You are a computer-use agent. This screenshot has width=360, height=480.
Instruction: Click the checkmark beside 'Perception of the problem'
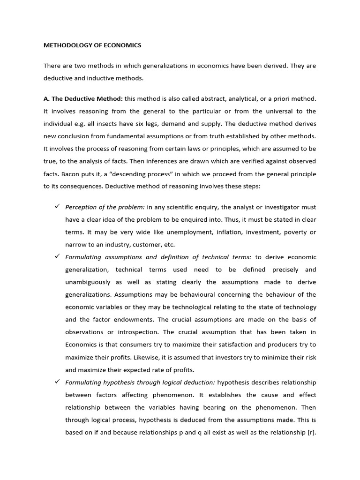point(58,207)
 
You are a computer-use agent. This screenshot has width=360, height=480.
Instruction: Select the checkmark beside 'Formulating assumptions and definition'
point(58,257)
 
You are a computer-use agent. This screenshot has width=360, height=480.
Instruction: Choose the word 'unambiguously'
point(88,282)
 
